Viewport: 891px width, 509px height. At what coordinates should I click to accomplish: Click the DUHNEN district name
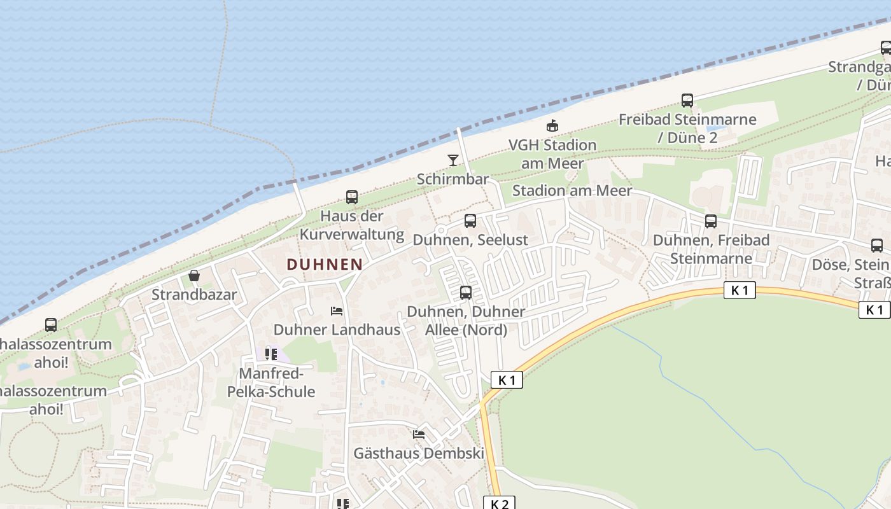[x=325, y=264]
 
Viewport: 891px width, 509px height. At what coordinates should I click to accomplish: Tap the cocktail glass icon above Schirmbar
[x=453, y=160]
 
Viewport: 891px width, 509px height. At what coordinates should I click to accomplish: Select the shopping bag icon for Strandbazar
[x=194, y=275]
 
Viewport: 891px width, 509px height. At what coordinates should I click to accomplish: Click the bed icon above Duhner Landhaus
[x=337, y=310]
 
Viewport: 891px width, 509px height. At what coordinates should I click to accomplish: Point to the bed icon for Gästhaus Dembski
[x=419, y=435]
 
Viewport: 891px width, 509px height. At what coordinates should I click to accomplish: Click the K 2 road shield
[x=500, y=503]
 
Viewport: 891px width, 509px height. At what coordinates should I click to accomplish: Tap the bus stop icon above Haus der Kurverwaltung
[x=352, y=197]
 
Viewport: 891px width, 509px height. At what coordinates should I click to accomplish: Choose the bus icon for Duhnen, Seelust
[x=470, y=221]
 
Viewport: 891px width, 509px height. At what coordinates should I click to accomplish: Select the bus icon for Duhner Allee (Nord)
[x=466, y=293]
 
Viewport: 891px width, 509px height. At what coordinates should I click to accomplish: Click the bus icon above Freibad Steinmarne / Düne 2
[x=687, y=100]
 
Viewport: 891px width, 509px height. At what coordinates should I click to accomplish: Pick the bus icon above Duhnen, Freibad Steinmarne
[x=711, y=221]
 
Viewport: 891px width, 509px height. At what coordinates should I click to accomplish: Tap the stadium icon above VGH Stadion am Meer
[x=552, y=125]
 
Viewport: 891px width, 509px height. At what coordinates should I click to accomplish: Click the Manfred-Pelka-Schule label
[x=271, y=382]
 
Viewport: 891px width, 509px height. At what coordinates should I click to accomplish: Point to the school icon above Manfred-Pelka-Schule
[x=271, y=354]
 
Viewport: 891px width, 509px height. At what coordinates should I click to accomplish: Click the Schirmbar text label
[x=453, y=179]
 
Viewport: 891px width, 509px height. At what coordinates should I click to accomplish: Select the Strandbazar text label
[x=194, y=295]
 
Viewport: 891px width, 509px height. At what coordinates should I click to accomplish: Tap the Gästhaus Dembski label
[x=419, y=454]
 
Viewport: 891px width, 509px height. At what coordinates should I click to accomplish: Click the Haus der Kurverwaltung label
[x=352, y=225]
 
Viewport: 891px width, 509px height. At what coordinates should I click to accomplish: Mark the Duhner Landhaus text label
[x=337, y=330]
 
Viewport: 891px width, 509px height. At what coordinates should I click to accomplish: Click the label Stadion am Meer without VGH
[x=572, y=190]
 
